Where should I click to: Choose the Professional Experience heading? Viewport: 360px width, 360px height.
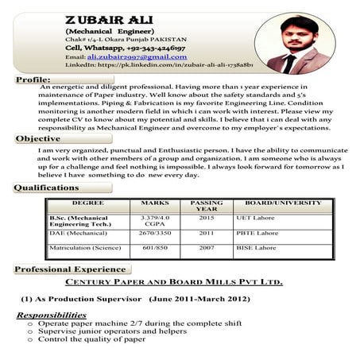(68, 269)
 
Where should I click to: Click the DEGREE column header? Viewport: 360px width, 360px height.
(87, 203)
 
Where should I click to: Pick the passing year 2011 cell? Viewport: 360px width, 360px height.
(206, 234)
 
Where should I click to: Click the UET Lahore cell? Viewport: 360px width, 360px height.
(254, 217)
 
